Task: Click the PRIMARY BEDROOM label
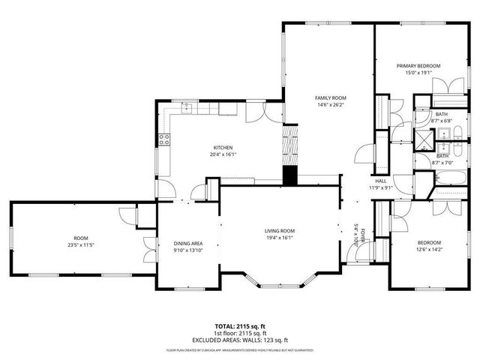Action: coord(418,66)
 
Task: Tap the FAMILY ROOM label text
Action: coord(330,98)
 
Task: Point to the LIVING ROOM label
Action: coord(279,230)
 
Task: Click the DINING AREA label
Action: coord(187,244)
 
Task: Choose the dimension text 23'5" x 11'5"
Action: coord(82,244)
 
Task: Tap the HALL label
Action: coord(380,181)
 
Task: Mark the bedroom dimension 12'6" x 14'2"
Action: coord(429,250)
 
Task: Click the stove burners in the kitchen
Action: coord(163,138)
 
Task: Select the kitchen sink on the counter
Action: coord(187,109)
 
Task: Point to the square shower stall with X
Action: coord(425,137)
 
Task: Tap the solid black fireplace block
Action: coord(289,175)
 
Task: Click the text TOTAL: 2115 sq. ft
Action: coord(239,327)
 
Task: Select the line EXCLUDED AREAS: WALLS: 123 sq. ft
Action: coord(239,340)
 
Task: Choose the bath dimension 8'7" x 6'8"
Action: coord(442,121)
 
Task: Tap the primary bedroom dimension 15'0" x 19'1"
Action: coord(418,73)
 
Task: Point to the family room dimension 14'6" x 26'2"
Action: coord(330,105)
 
